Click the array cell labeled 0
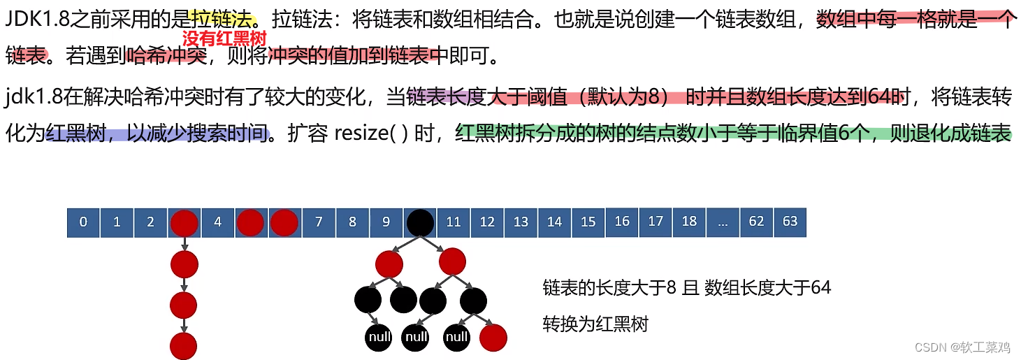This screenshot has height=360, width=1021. point(84,222)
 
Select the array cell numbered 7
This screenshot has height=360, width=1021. point(319,222)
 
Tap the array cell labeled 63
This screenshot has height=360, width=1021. point(790,222)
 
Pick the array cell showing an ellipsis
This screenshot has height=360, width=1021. point(723,222)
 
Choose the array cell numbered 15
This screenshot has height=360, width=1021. point(588,222)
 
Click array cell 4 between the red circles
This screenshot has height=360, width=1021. point(218,222)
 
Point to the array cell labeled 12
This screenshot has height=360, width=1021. point(487,222)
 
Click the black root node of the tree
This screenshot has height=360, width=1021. point(420,222)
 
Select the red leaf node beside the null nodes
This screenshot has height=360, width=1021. point(493,338)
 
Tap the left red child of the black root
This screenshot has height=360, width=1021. point(389,264)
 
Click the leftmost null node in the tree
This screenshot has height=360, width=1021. point(379,338)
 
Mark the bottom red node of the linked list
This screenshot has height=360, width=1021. point(184,346)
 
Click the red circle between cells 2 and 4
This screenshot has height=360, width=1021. point(184,223)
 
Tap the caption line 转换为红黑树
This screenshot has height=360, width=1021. point(595,324)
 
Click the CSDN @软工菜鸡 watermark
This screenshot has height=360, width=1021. point(962,347)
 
